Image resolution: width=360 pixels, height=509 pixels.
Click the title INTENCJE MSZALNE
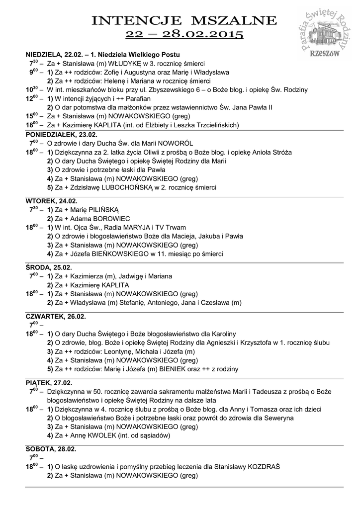coord(184,20)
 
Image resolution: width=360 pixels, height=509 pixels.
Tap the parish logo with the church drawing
coord(328,30)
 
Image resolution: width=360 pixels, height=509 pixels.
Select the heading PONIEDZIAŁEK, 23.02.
coord(62,135)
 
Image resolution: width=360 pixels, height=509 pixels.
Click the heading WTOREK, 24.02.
coord(52,201)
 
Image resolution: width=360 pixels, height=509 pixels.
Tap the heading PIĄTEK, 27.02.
coord(49,383)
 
